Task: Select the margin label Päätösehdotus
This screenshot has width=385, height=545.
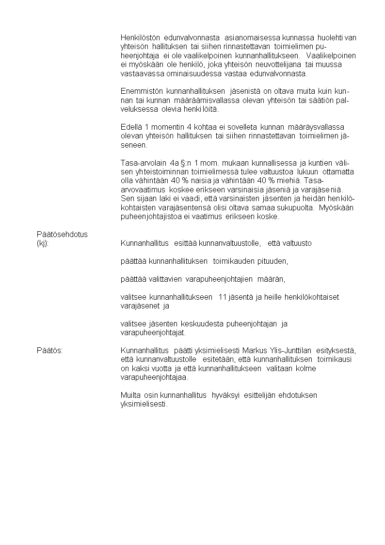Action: click(x=62, y=234)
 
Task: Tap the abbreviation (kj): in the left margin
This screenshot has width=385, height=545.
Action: click(x=43, y=243)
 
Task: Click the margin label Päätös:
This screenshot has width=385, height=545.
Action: click(x=50, y=350)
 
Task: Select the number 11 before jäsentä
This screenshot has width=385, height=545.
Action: click(x=224, y=297)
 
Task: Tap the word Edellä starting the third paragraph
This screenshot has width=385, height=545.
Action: click(x=131, y=127)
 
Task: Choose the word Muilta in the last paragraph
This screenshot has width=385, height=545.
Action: click(x=130, y=395)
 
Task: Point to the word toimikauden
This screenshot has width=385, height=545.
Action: click(x=233, y=261)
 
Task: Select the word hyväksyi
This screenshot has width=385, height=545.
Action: click(x=228, y=395)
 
